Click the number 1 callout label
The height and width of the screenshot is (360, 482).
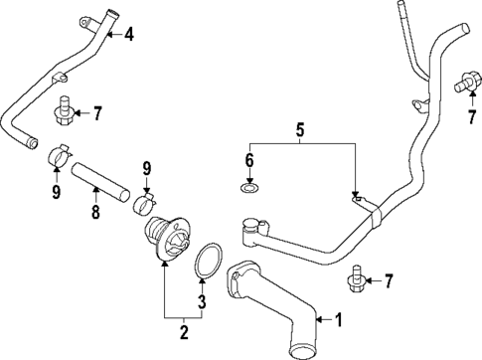pyautogui.click(x=338, y=320)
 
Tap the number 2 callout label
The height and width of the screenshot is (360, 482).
pyautogui.click(x=182, y=330)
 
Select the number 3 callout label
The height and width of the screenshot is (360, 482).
pyautogui.click(x=203, y=301)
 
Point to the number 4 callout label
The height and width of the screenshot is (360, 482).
pyautogui.click(x=127, y=34)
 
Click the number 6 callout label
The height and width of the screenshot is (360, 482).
pyautogui.click(x=250, y=159)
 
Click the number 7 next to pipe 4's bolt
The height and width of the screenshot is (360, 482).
pyautogui.click(x=96, y=112)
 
